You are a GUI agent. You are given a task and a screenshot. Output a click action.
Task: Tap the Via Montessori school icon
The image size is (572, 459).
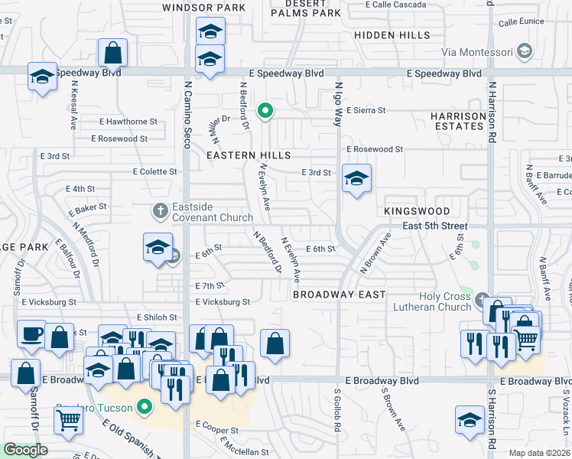coord(525,52)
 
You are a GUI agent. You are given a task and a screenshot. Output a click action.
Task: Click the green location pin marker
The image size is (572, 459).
coord(265,112)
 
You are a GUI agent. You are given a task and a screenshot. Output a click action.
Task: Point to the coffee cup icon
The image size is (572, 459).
coord(31,334)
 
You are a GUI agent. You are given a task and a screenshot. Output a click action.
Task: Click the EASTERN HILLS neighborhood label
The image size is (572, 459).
coord(249,155)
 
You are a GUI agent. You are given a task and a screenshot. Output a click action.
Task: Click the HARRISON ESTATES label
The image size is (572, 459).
coord(458,122)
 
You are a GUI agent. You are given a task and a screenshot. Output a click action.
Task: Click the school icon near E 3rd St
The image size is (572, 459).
coord(356,179)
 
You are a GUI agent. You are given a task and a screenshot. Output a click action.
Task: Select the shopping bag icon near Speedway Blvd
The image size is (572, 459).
coord(112,54)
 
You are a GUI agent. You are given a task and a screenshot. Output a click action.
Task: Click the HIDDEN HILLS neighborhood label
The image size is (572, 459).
coord(392,35)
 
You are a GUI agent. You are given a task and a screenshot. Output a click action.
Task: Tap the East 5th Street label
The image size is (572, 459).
coord(434,226)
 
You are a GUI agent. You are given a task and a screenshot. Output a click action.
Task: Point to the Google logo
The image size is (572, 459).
coord(26,450)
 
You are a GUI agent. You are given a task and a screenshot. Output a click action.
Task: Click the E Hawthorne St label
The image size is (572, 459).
coord(128,122)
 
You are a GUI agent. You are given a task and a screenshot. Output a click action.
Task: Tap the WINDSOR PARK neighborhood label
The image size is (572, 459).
coord(204,8)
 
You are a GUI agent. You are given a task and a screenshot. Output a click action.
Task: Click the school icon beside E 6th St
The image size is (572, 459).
coord(158,247)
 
